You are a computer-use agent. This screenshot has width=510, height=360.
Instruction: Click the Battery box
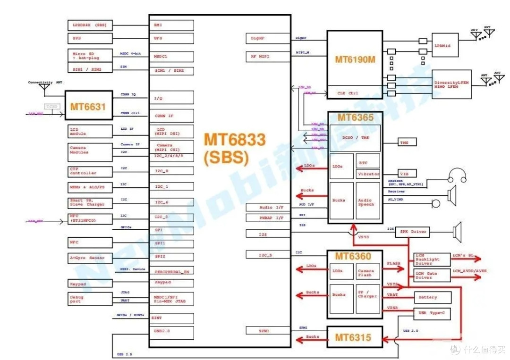(432, 297)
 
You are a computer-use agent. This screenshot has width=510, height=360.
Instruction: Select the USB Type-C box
(432, 312)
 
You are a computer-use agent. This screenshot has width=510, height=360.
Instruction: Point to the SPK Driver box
(413, 232)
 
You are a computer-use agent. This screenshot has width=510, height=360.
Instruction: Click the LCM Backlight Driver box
(432, 259)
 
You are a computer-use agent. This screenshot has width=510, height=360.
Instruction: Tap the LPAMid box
(445, 45)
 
